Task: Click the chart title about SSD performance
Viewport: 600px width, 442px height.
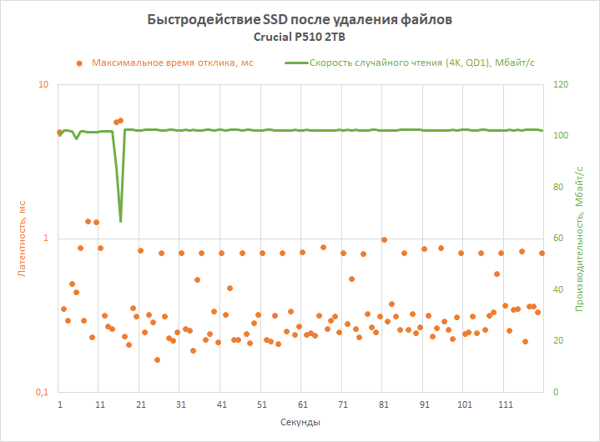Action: pos(300,19)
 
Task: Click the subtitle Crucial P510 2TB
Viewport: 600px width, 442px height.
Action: pos(300,37)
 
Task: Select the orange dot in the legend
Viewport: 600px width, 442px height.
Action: pos(78,63)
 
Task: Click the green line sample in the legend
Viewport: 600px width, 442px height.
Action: pos(295,63)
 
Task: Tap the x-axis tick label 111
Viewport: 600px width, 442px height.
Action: pos(505,404)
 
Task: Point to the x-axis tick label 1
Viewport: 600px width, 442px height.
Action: pos(60,404)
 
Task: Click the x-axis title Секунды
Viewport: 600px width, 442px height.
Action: pos(300,423)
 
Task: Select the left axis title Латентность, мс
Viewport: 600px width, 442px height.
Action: pos(23,239)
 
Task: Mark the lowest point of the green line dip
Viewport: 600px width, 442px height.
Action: pos(121,221)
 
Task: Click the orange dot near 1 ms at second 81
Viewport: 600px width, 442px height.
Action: pos(384,239)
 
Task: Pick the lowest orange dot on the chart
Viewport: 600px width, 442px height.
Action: pos(157,359)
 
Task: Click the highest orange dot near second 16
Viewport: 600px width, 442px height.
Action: pos(120,120)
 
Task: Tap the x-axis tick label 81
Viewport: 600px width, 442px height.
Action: pos(384,404)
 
